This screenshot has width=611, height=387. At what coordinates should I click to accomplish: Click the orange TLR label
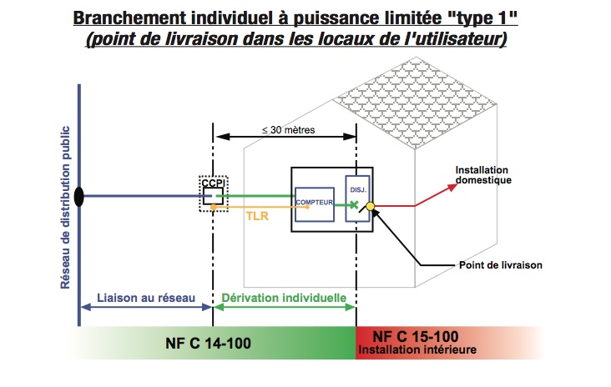coord(256,215)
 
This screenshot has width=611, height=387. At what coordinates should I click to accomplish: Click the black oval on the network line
coord(79,197)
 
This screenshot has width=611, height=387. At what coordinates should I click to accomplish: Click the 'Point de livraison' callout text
coord(501,265)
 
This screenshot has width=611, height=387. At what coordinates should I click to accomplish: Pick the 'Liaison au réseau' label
coord(146,297)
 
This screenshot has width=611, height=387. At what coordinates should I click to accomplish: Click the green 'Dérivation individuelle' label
coord(285,297)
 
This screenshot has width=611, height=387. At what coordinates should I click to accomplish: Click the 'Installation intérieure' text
coord(417,350)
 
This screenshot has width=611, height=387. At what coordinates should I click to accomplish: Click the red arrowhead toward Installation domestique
coord(454,184)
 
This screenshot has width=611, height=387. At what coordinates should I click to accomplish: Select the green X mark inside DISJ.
coord(354,204)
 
